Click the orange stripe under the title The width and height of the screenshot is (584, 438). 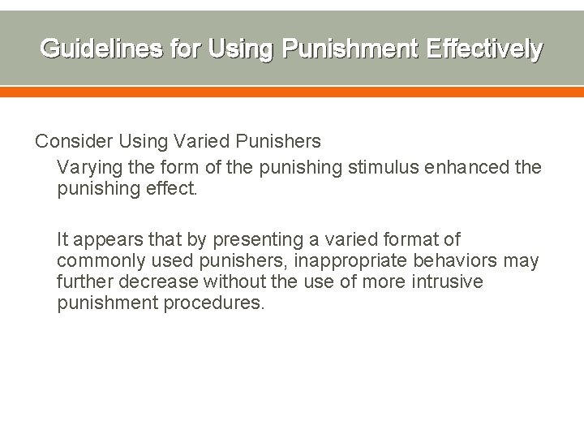[292, 92]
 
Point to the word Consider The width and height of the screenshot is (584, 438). [68, 141]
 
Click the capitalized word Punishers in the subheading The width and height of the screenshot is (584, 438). [280, 141]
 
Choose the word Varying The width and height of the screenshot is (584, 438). [87, 167]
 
